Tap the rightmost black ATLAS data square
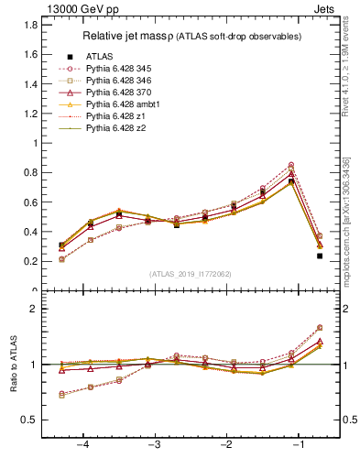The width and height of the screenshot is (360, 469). point(320,256)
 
